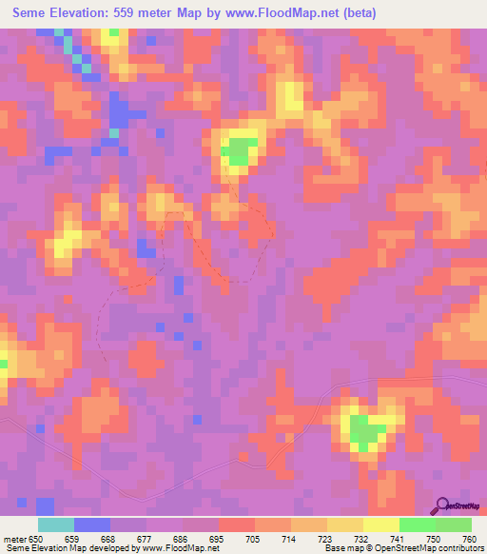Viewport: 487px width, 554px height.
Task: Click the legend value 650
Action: (35, 539)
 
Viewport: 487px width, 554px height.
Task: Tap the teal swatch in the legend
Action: (56, 524)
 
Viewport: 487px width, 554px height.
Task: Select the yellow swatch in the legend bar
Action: (380, 524)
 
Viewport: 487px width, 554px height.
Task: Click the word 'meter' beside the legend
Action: (13, 539)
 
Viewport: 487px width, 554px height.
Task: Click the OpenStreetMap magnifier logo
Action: (442, 505)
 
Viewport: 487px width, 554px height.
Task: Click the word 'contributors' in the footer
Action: (458, 548)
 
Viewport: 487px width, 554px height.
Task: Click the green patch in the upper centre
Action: (241, 150)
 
